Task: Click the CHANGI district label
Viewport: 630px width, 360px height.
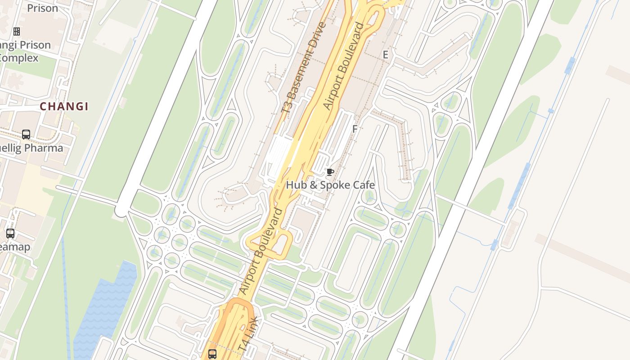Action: [x=64, y=107]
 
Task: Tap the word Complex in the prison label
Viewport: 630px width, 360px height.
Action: [x=19, y=58]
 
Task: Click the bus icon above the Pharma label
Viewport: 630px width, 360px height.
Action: [x=26, y=135]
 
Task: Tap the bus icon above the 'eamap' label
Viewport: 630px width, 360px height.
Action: [x=10, y=234]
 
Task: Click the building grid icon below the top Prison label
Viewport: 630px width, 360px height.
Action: [x=17, y=31]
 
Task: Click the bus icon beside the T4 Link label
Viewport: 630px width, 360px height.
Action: [x=212, y=354]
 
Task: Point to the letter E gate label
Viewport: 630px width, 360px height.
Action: [x=385, y=55]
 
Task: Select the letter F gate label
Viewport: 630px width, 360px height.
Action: [x=355, y=129]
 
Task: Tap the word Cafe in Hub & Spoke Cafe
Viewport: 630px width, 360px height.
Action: [x=361, y=185]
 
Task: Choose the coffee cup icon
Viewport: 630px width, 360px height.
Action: [x=330, y=172]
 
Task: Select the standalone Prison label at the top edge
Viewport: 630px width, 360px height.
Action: [x=42, y=8]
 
